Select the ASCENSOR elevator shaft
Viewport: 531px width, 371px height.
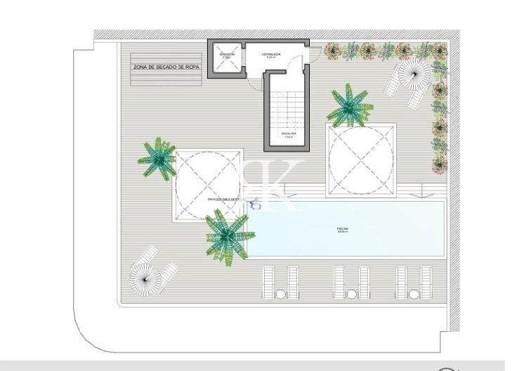click(226, 60)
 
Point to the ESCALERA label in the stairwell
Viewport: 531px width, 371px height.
click(289, 134)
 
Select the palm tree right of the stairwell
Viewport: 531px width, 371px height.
click(349, 105)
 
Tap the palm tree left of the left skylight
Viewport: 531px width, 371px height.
click(157, 157)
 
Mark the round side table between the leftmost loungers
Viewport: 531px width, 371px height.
click(281, 293)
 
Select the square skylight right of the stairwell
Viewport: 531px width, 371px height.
click(360, 156)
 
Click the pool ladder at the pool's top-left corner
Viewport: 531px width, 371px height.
click(256, 206)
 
